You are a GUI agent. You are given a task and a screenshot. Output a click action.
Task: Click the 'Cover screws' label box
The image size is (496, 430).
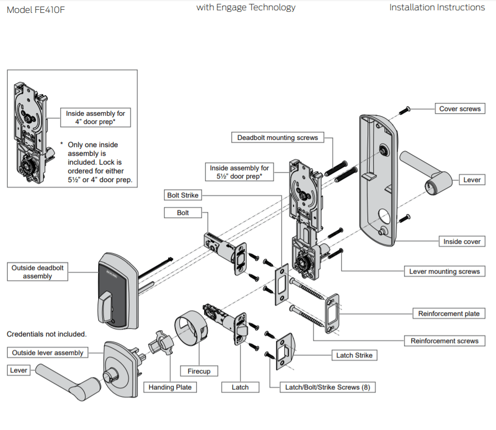[x=460, y=109]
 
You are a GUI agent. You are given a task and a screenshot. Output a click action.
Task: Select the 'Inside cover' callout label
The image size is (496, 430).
[x=462, y=241]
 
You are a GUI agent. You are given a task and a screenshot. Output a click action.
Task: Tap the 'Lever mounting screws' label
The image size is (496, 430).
[x=444, y=272]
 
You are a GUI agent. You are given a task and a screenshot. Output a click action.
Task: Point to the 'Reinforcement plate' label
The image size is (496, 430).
[x=448, y=314]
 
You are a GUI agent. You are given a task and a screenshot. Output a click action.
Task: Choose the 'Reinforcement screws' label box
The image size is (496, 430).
[x=444, y=341]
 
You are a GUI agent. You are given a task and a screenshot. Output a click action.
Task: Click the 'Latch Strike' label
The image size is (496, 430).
[x=354, y=355]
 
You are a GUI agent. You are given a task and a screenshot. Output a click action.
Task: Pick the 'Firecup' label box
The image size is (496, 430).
[x=198, y=371]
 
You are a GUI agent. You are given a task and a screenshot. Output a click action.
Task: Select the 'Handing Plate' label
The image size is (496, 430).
[x=170, y=387]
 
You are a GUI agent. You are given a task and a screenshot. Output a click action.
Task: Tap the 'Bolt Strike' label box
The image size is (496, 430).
[x=182, y=195]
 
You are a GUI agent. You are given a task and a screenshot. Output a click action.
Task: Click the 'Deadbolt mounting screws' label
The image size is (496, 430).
[x=278, y=138]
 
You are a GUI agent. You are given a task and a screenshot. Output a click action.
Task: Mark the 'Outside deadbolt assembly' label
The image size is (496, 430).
[x=38, y=272]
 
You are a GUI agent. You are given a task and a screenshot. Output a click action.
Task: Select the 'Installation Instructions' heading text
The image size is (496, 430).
[x=437, y=7]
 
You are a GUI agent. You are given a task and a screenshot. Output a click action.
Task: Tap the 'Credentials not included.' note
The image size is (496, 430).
[x=46, y=334]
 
